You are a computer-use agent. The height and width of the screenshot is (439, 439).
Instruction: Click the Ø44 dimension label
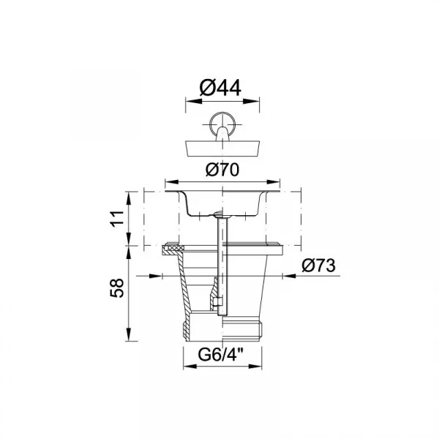(x=220, y=88)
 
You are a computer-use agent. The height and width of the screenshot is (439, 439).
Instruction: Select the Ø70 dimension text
(x=222, y=170)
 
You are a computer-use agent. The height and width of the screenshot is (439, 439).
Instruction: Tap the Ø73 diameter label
(x=318, y=265)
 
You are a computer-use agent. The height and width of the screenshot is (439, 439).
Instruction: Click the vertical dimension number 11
(x=118, y=219)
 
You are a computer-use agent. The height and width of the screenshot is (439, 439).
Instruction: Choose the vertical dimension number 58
(x=117, y=288)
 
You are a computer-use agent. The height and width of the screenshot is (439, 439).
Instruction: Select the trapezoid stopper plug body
(x=222, y=148)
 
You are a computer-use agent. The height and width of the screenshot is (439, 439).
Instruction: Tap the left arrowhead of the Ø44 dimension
(x=192, y=102)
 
